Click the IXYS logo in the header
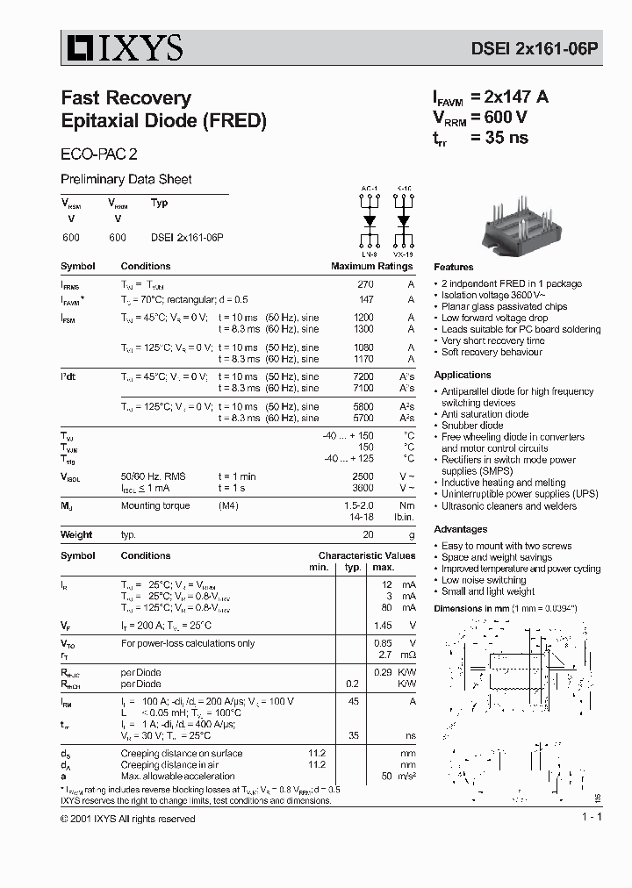tap(122, 47)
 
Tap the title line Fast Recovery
tap(126, 98)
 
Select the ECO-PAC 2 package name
tap(98, 152)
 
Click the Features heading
tap(453, 267)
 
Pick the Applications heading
tap(462, 375)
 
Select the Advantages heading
tap(460, 529)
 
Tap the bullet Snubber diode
tap(472, 426)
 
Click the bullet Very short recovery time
tap(492, 340)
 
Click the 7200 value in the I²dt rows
tap(363, 376)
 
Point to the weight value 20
tap(368, 534)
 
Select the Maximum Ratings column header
tap(371, 267)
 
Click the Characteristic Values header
tap(366, 555)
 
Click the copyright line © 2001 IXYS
tap(128, 819)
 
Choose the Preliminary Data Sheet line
tap(126, 180)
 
